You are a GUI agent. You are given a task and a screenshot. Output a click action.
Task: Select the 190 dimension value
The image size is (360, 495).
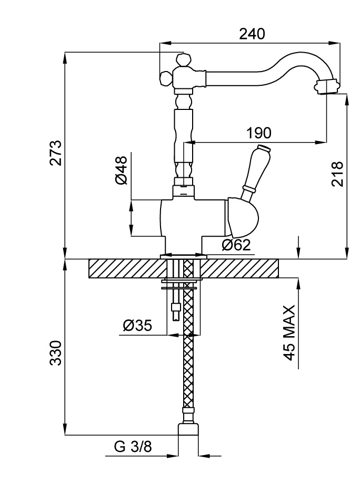point(258,133)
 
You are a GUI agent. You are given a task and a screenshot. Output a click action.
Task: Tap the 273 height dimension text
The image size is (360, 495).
point(56,153)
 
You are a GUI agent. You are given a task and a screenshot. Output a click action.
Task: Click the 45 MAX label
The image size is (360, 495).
point(289,331)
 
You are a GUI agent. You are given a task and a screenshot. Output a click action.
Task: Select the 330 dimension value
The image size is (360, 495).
point(56,353)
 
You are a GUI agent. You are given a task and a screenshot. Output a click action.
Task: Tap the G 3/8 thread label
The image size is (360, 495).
point(133,447)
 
